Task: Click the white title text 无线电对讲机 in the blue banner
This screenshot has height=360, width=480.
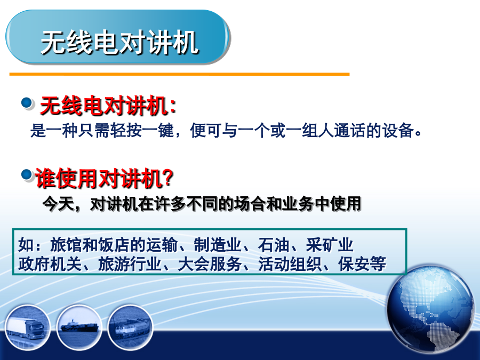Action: click(119, 42)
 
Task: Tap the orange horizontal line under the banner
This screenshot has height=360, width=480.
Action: click(179, 74)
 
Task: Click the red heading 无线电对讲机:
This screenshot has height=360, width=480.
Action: click(108, 106)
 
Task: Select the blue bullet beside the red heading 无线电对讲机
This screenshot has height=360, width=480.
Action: click(27, 103)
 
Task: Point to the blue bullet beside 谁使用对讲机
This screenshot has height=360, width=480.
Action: click(27, 175)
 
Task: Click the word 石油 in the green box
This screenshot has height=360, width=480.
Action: click(274, 245)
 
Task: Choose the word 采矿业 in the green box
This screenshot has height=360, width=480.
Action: click(330, 245)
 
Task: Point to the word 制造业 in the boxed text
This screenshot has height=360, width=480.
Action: click(218, 245)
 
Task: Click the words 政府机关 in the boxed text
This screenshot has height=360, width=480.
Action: click(50, 264)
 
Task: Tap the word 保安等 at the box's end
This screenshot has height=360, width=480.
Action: click(362, 264)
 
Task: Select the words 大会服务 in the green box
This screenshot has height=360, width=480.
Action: click(210, 264)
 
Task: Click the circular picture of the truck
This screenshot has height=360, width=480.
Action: click(27, 327)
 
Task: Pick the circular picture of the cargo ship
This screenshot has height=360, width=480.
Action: click(79, 327)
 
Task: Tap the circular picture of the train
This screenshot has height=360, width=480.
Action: click(131, 327)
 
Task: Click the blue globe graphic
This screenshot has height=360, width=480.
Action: click(431, 308)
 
